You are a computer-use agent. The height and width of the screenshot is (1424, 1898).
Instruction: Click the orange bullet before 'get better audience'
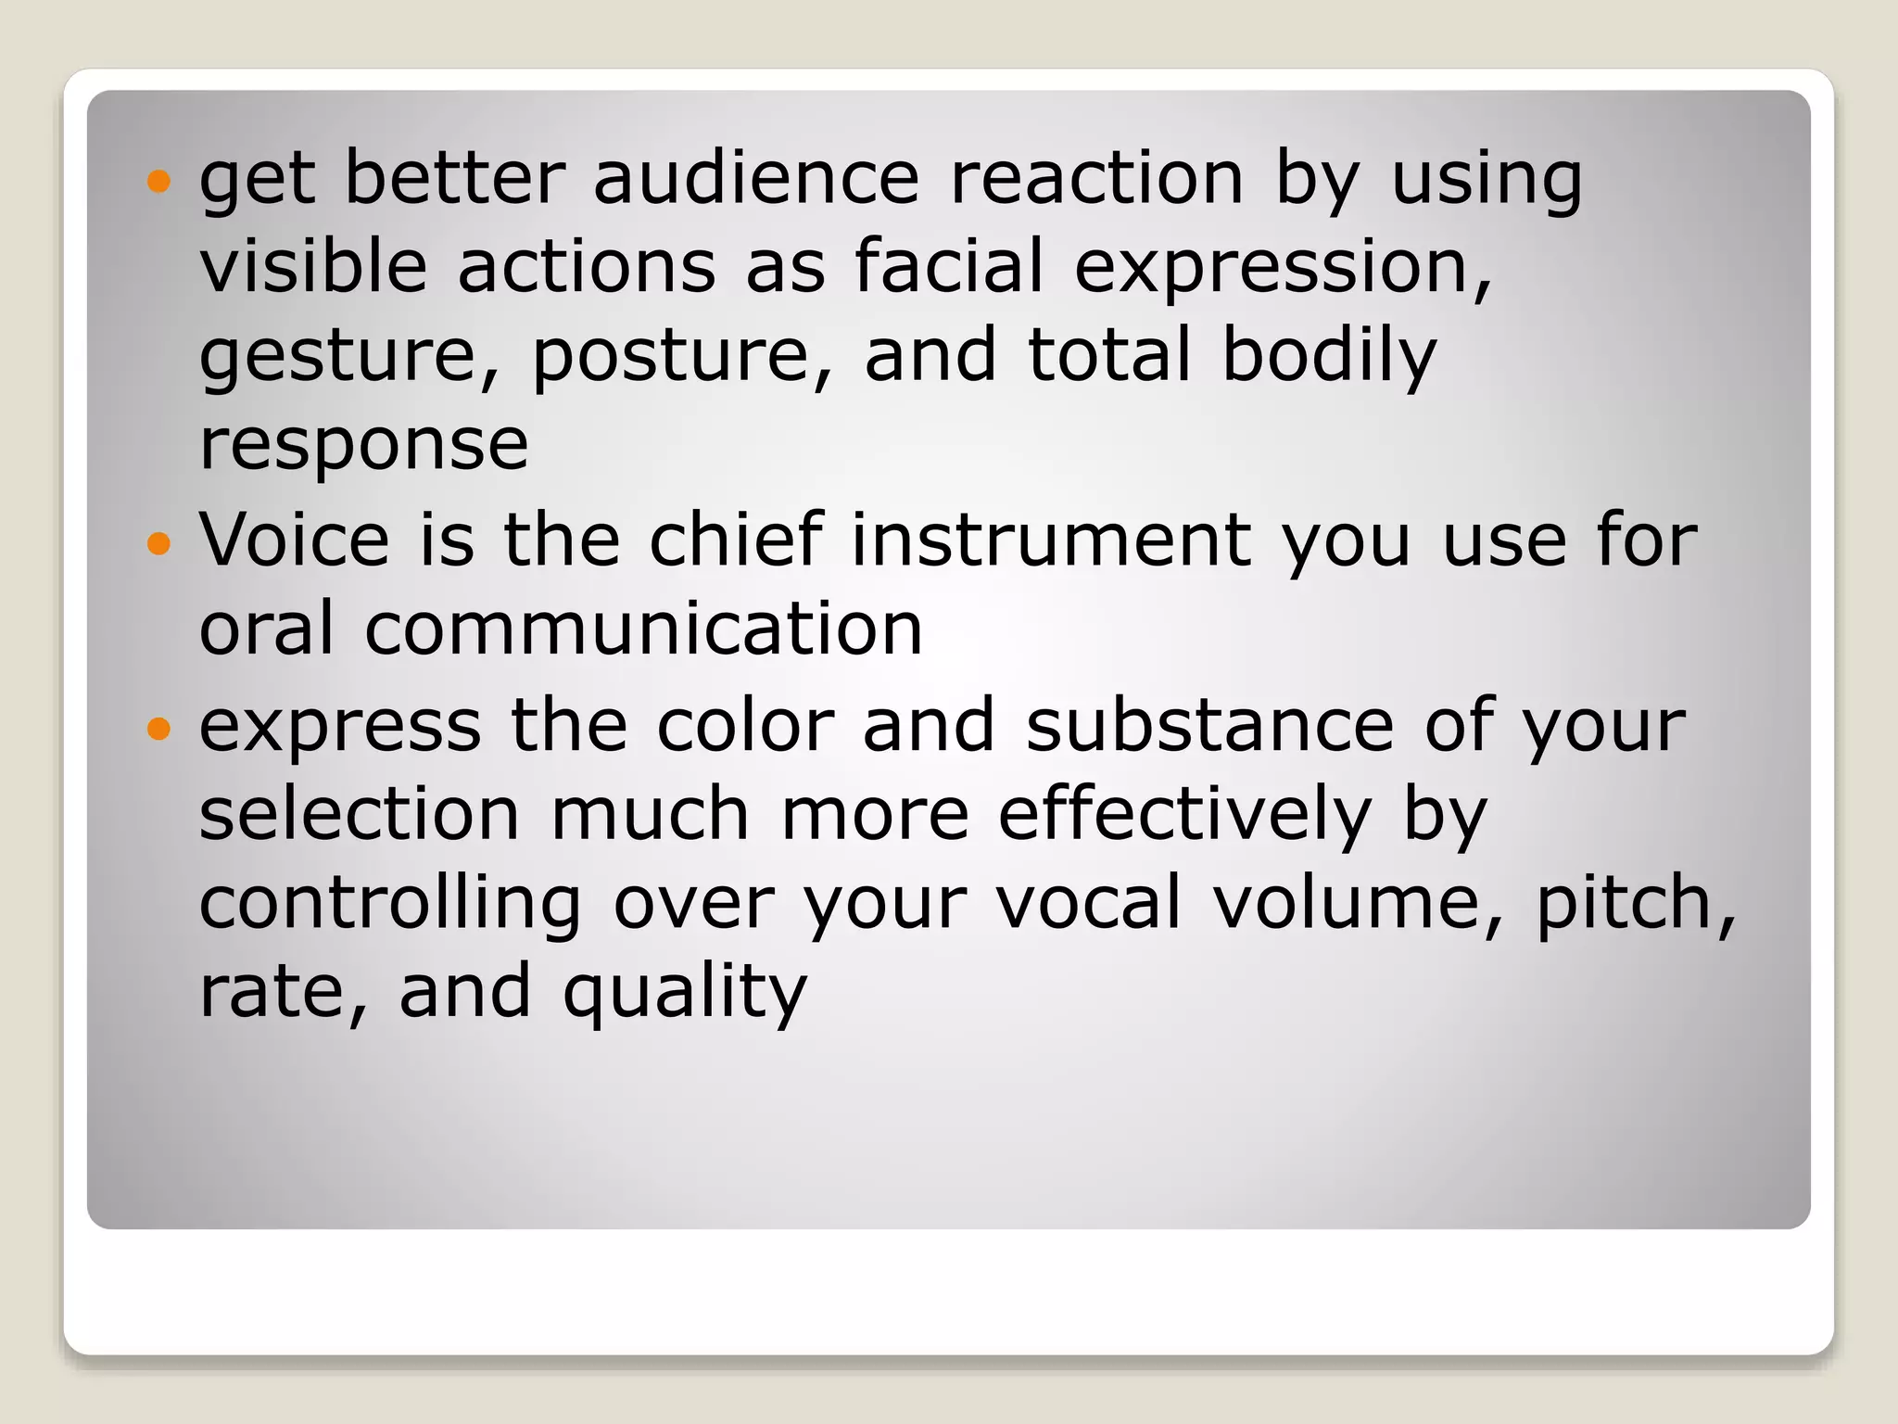(159, 180)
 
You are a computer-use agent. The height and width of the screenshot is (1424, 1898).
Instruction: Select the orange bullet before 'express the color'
(159, 728)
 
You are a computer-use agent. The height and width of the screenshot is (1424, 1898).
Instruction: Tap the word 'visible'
(313, 266)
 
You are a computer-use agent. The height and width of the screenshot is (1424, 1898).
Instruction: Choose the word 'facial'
(949, 266)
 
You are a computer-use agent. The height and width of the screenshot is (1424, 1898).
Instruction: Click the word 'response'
(363, 446)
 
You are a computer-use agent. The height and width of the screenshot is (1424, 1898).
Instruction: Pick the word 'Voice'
(295, 540)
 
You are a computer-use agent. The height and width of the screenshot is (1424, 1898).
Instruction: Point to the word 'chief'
(736, 540)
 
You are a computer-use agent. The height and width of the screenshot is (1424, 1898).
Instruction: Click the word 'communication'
(644, 629)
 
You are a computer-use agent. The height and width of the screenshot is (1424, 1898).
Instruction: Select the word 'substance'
(1210, 725)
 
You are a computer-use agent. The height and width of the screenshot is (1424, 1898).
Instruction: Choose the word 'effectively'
(1184, 815)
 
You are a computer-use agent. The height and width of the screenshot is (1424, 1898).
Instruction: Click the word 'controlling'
(390, 904)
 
